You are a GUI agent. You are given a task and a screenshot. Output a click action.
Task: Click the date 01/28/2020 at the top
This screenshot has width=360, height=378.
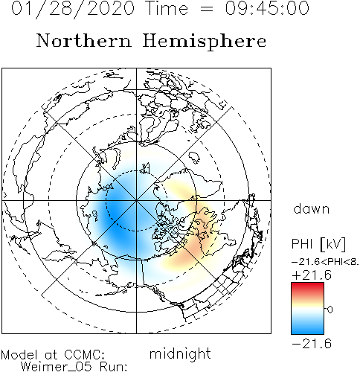[x=73, y=9]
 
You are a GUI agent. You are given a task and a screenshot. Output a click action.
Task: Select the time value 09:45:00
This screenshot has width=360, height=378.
[x=267, y=8]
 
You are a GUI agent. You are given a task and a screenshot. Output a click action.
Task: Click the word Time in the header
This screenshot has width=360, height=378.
[x=167, y=8]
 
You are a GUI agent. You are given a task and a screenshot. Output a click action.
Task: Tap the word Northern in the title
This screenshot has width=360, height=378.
[x=84, y=40]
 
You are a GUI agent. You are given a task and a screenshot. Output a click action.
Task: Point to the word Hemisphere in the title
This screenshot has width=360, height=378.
[x=205, y=42]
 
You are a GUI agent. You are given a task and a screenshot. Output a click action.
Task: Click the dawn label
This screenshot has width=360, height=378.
[x=311, y=209]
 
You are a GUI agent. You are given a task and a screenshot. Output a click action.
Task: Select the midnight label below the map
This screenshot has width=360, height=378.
[x=180, y=353]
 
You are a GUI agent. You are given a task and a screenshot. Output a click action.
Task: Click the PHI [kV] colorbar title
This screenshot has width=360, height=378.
[x=318, y=244]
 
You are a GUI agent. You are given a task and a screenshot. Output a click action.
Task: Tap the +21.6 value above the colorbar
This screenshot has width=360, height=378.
[x=312, y=275]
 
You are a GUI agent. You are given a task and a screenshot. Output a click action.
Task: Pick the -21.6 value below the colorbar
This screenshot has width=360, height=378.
[x=312, y=344]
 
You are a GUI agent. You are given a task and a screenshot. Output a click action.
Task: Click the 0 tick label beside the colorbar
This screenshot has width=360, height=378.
[x=330, y=310]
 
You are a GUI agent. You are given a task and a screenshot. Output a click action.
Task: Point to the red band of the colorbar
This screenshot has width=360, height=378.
[x=307, y=288]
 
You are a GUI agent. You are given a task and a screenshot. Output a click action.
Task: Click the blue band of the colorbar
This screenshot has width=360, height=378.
[x=307, y=327]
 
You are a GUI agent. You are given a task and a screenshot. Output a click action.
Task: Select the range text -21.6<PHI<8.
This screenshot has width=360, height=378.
[x=325, y=262]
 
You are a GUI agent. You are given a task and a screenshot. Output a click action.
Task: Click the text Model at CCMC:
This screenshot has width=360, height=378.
[x=53, y=355]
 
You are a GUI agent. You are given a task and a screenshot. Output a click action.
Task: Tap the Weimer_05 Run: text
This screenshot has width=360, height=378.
[x=74, y=367]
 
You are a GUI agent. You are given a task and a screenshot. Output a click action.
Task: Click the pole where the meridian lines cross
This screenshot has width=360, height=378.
[x=136, y=200]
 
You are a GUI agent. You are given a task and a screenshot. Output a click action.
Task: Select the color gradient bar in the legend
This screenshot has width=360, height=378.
[x=307, y=309]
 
